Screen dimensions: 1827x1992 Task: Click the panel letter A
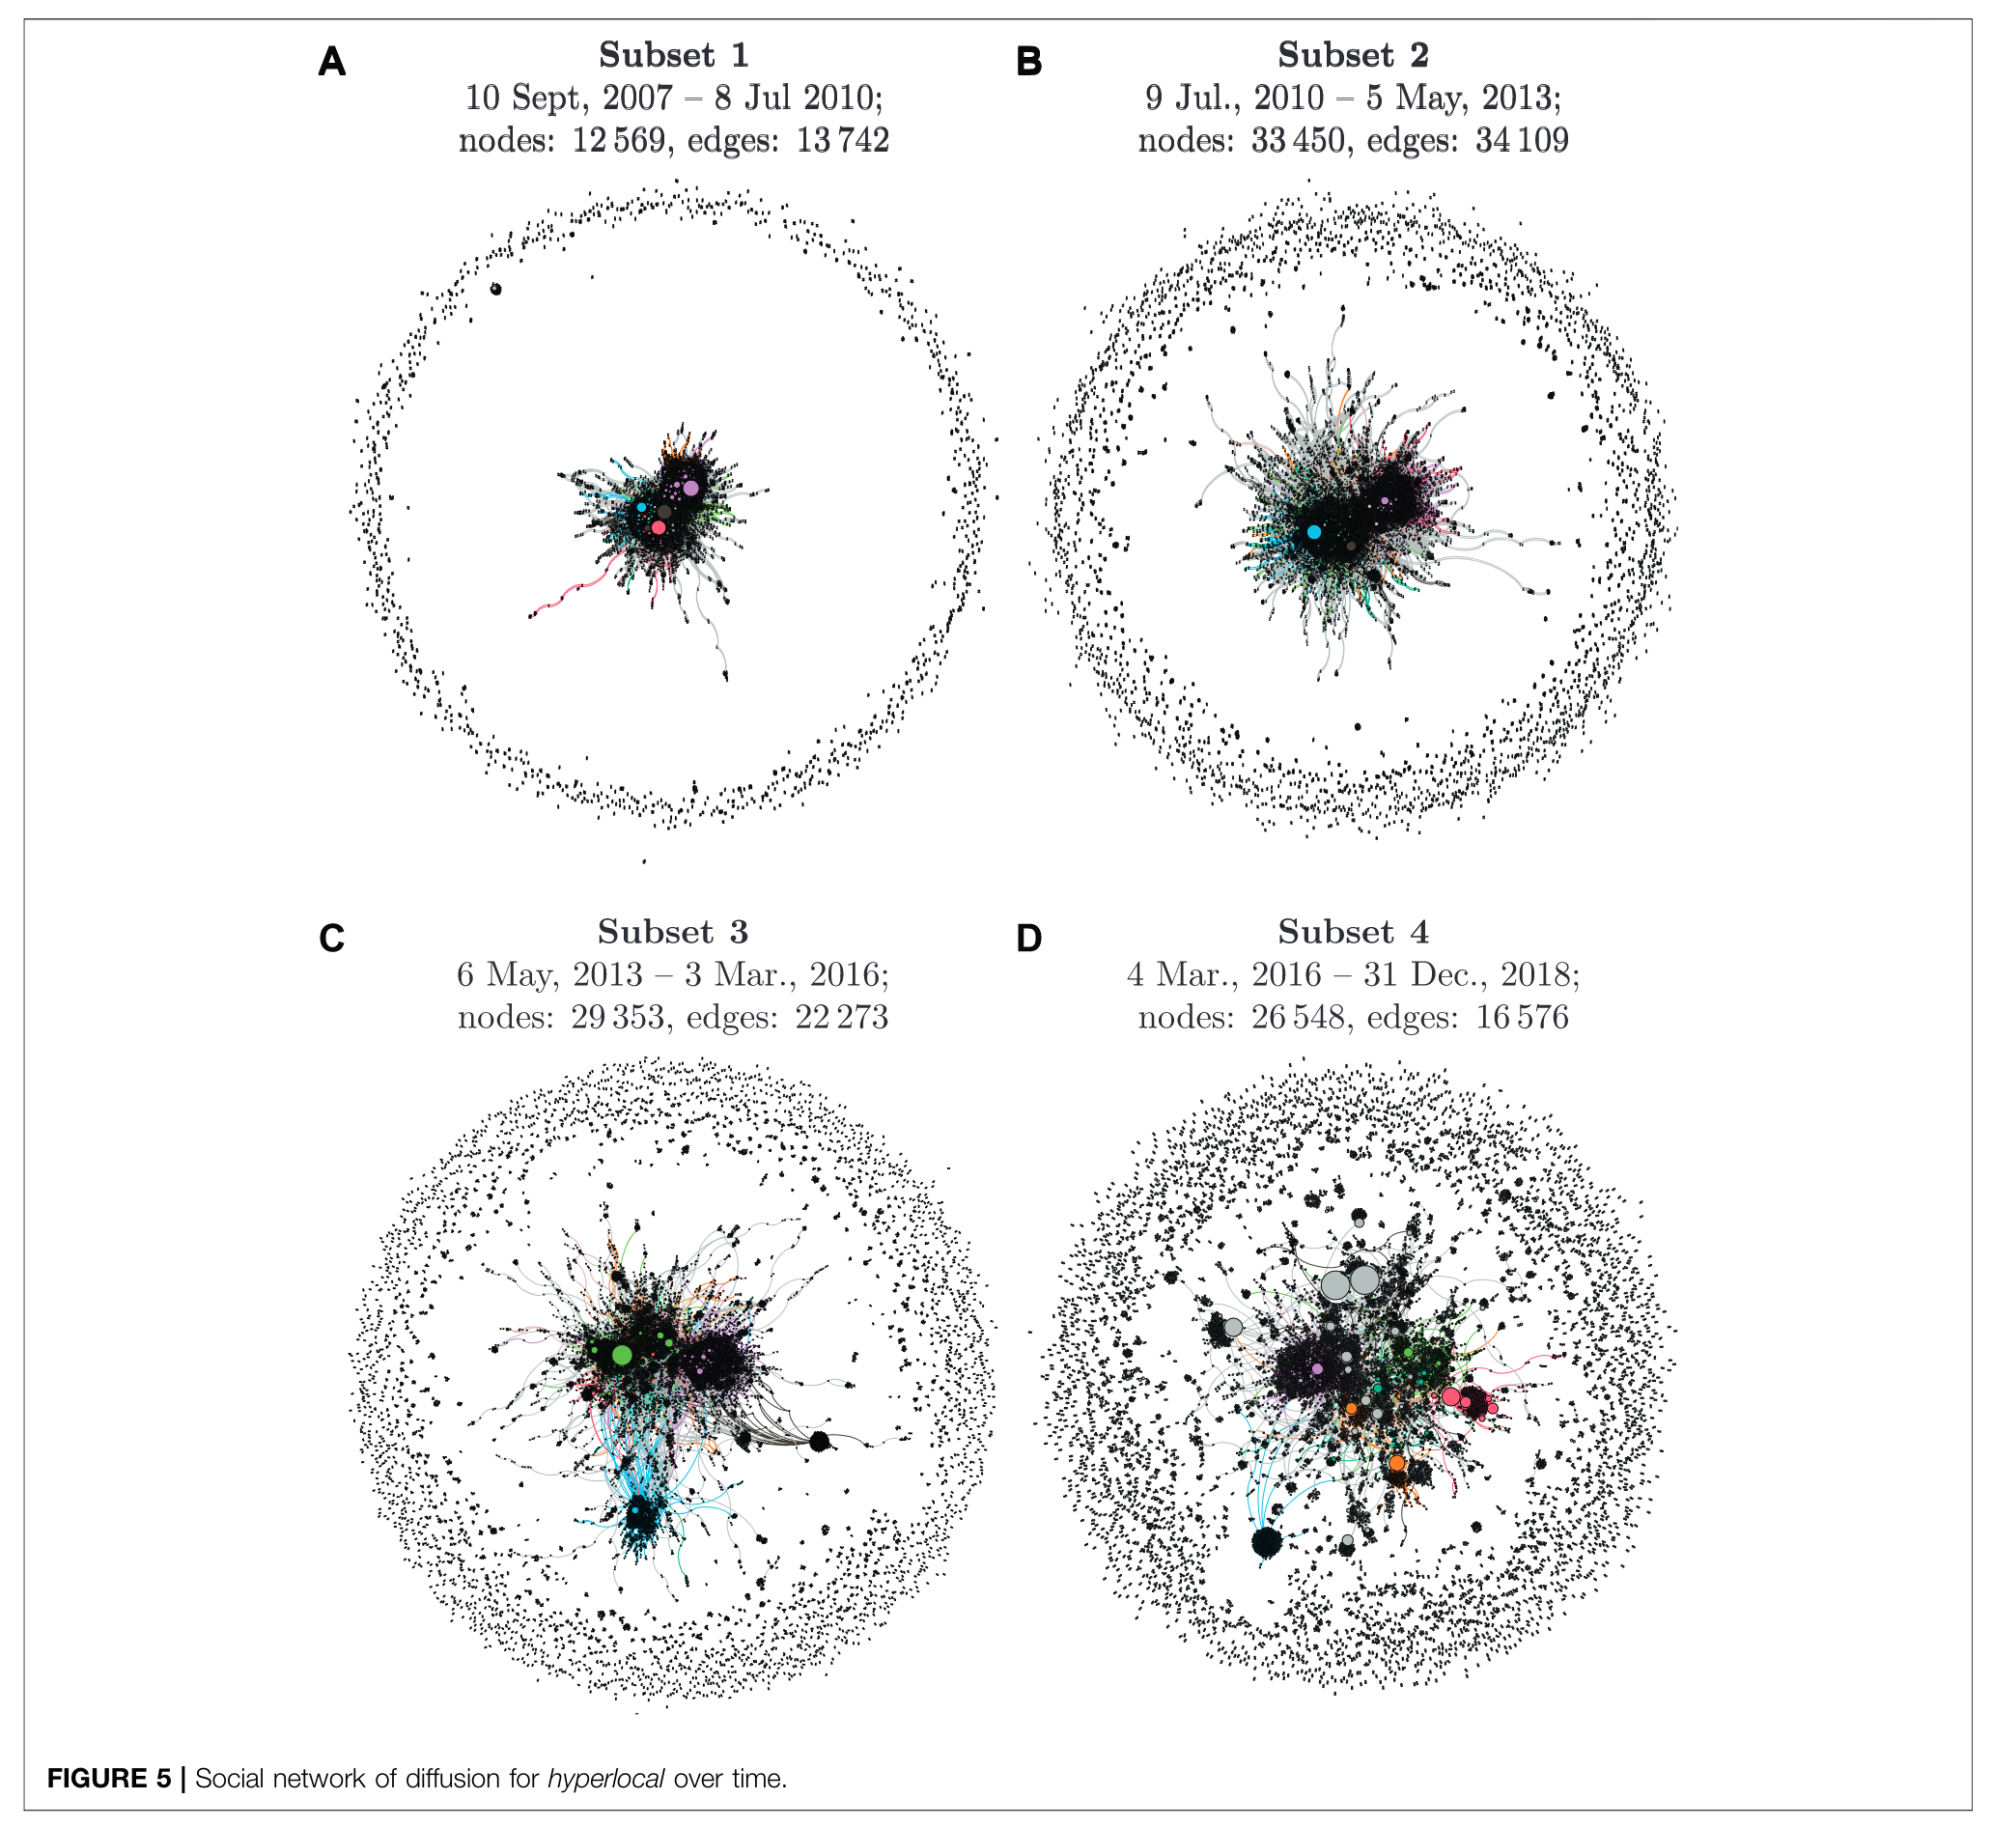pos(331,62)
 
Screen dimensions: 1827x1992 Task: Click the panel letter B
pos(1028,62)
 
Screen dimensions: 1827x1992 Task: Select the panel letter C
pos(331,939)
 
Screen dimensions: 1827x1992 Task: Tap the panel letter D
pos(1028,939)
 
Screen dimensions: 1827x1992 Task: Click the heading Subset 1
pos(673,55)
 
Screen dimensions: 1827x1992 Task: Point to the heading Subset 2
pos(1353,55)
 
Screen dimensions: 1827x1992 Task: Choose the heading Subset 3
pos(672,932)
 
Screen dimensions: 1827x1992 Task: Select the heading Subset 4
pos(1353,932)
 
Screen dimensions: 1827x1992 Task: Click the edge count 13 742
pos(842,140)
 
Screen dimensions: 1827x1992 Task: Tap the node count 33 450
pos(1298,140)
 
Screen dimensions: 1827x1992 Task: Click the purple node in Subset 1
pos(690,488)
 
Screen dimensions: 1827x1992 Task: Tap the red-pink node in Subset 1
pos(659,527)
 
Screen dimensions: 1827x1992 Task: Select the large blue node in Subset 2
pos(1314,532)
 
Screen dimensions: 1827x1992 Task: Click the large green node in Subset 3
pos(621,1355)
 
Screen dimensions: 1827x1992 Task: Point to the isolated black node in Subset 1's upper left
pos(496,289)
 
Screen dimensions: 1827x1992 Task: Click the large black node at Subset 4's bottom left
pos(1267,1541)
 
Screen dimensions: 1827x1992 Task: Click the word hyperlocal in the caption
pos(605,1779)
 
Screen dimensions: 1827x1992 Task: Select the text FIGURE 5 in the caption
pos(109,1779)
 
